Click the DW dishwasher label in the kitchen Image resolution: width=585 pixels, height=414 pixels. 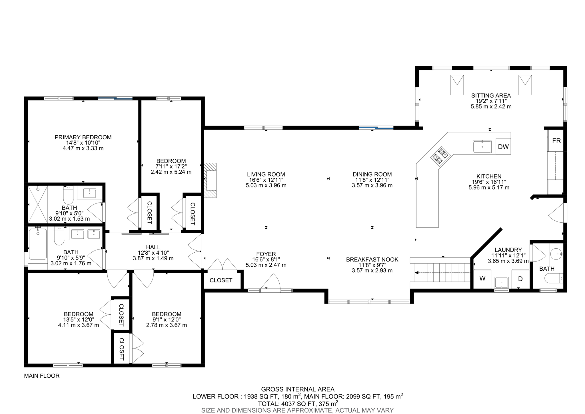[503, 147]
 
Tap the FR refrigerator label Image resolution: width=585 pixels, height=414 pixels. [556, 141]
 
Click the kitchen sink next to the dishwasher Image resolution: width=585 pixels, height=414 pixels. [482, 147]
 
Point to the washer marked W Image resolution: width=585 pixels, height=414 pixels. [482, 278]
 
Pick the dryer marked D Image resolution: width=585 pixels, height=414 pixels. [520, 279]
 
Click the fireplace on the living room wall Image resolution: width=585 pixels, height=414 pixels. [211, 180]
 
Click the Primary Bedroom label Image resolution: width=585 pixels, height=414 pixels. [83, 137]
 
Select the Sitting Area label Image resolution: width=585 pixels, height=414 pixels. [491, 96]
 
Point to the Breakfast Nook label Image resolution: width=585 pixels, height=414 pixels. [372, 260]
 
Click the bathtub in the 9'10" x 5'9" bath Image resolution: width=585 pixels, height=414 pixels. [38, 244]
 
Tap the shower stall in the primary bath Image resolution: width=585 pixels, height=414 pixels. [38, 204]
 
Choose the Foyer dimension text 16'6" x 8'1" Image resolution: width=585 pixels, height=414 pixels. [266, 260]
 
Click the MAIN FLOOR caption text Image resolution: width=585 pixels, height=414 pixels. [42, 376]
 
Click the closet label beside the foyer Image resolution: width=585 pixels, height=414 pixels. [221, 280]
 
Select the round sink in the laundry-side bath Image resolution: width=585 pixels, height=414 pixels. [556, 254]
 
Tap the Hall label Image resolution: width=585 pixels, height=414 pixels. [153, 247]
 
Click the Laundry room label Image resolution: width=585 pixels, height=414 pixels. [508, 250]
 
